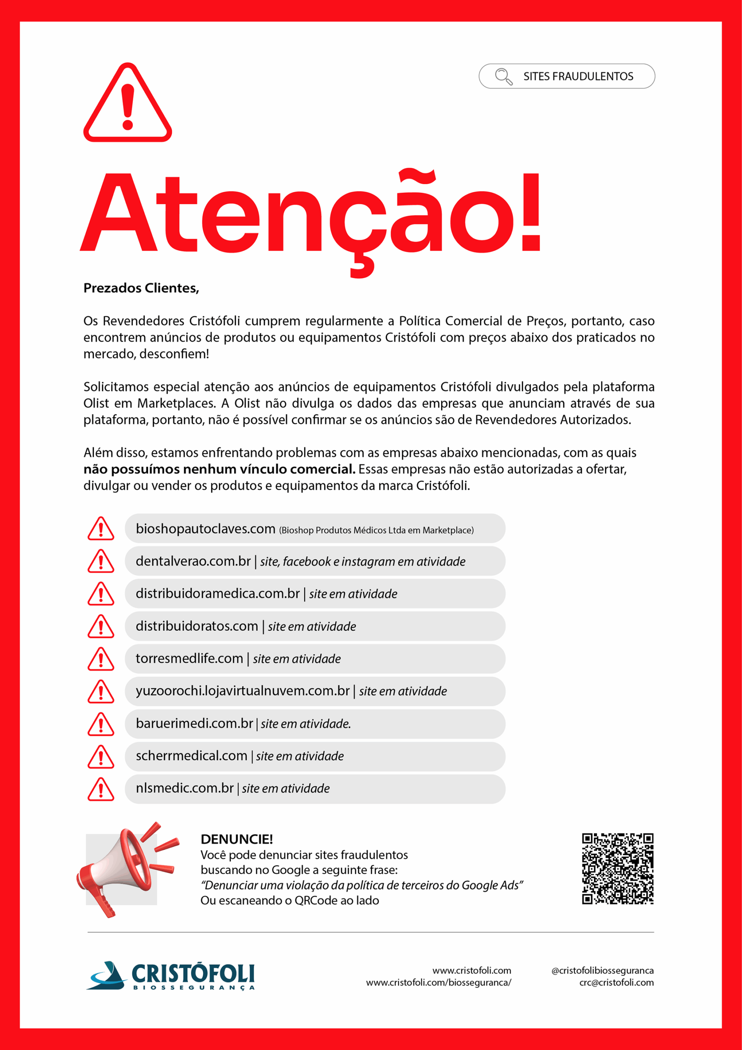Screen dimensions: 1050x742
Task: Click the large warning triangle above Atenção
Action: coord(127,103)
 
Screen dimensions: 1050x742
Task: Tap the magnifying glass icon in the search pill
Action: coord(503,76)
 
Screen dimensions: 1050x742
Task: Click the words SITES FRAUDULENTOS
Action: coord(578,76)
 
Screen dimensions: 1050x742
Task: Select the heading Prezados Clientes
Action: coord(141,288)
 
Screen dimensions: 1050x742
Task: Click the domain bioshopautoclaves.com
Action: coord(205,529)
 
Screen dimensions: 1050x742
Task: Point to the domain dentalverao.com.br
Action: coord(193,561)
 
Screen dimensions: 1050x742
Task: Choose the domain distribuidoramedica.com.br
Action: coord(218,593)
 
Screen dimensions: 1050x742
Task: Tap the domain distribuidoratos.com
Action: coord(197,626)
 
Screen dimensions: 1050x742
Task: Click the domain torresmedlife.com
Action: coord(189,659)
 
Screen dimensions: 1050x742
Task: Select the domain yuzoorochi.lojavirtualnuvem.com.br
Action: coord(242,691)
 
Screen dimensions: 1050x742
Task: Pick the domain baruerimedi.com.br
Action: coord(194,724)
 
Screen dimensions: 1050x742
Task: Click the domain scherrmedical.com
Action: coord(191,756)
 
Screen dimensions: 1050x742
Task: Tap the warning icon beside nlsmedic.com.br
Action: coord(100,789)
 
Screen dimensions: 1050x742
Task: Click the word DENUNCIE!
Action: coord(237,839)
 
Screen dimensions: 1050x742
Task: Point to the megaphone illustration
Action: coord(126,868)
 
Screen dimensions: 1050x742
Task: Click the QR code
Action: coord(617,868)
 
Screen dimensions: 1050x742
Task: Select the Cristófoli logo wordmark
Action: coord(192,974)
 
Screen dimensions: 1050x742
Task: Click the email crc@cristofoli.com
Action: coord(616,982)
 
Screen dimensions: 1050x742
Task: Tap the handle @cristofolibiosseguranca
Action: coord(602,970)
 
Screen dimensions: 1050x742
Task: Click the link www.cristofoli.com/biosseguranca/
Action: coord(438,982)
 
